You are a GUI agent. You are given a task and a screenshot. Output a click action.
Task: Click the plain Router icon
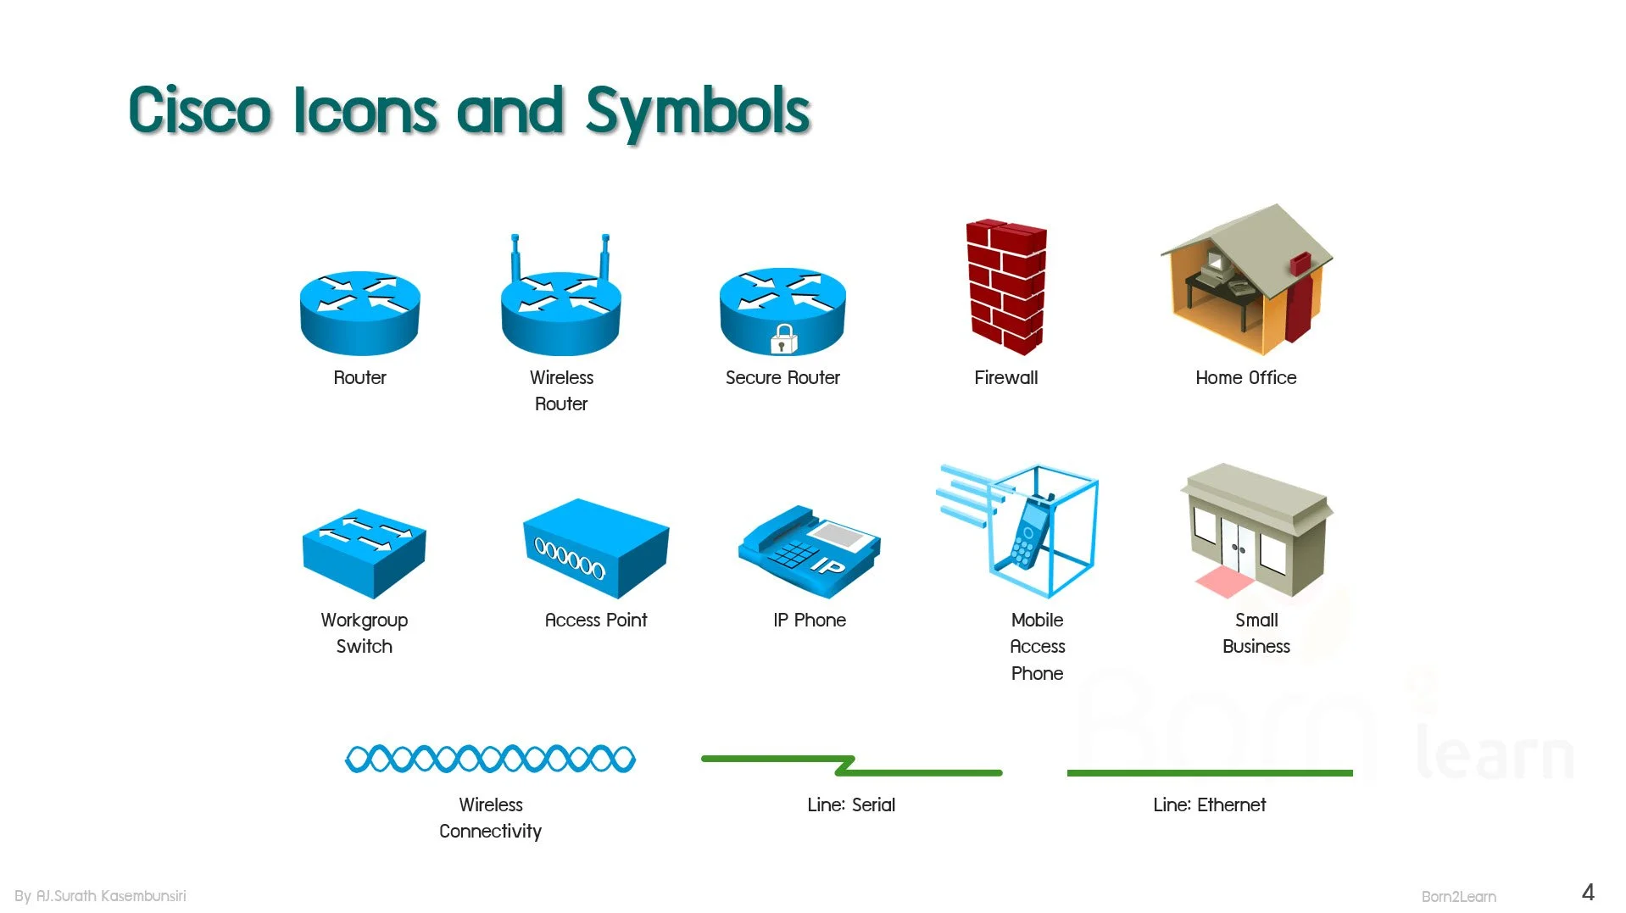359,313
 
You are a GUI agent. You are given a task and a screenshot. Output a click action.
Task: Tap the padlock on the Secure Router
783,339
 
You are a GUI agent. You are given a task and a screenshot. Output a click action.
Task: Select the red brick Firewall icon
1006,287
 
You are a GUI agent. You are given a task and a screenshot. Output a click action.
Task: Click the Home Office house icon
1246,280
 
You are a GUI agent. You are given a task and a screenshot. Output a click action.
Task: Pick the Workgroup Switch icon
364,553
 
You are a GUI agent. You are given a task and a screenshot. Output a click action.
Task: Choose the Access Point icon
596,548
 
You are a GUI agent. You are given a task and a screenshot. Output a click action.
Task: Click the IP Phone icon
810,552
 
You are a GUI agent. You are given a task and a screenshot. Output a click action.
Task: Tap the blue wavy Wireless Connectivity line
490,759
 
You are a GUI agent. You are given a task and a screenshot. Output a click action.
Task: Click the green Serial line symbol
851,765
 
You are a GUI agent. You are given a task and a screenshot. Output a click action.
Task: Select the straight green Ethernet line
1210,772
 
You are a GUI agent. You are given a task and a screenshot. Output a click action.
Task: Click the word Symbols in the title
698,111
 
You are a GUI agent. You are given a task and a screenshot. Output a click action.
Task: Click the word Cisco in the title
200,109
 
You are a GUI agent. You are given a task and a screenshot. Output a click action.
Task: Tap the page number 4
1588,892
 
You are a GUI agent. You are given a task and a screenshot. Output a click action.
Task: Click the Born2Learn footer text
1458,896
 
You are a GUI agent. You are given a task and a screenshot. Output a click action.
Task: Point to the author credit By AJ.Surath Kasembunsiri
100,895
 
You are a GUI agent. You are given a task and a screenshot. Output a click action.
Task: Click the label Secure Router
782,377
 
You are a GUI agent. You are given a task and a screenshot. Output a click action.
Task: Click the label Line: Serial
851,804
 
